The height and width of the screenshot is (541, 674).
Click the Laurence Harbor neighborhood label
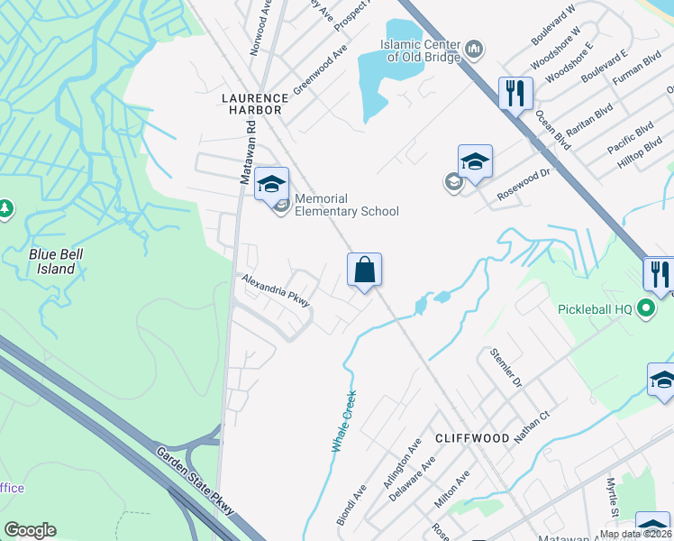point(256,103)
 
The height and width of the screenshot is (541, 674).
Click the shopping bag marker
point(364,270)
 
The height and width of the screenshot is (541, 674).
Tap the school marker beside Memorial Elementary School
point(270,186)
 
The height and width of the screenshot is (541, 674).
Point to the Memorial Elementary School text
point(346,205)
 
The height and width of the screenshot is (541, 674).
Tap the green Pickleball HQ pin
point(645,309)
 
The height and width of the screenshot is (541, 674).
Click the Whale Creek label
point(340,421)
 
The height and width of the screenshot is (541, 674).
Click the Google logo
point(30,530)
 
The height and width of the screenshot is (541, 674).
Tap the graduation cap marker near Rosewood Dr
point(475,162)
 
